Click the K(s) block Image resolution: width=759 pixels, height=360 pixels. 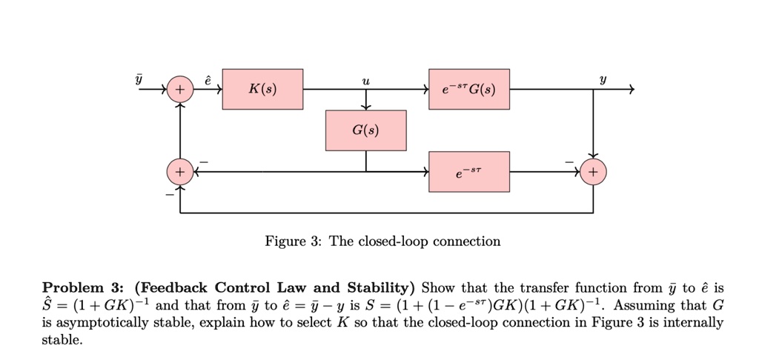[x=262, y=90]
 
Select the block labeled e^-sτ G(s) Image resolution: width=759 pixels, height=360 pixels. [x=469, y=90]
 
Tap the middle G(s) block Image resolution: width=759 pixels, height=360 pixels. [x=365, y=130]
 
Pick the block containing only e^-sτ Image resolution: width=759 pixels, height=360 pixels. [x=469, y=172]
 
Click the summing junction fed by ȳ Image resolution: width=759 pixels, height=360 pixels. [x=179, y=90]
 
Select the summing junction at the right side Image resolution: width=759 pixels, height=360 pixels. [x=593, y=172]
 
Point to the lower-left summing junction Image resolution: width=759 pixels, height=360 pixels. [x=179, y=172]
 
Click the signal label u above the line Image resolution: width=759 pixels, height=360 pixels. [x=365, y=80]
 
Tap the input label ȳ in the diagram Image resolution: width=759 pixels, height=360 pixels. [x=138, y=79]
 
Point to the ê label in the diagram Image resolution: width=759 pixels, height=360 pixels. [x=208, y=79]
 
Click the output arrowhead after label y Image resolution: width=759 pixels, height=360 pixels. [x=631, y=90]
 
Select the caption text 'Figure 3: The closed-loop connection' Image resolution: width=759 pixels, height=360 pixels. [x=383, y=241]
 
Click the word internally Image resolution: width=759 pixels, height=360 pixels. [x=693, y=323]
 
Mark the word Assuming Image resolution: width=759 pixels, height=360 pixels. [x=641, y=305]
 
